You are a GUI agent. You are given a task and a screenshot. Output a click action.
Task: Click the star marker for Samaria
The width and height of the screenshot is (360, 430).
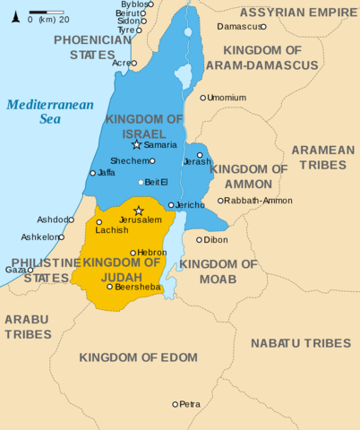coord(136,144)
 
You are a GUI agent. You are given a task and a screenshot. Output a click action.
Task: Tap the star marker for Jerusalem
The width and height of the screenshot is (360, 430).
coord(138,211)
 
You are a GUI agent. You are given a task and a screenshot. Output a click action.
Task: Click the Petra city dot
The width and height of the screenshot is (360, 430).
coord(176,404)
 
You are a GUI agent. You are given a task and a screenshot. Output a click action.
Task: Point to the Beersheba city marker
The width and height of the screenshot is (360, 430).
coord(110,287)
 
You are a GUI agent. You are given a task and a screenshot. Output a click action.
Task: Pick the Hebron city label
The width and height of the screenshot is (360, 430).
coord(153,253)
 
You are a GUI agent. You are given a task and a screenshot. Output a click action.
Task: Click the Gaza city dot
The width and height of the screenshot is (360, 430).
coord(30,270)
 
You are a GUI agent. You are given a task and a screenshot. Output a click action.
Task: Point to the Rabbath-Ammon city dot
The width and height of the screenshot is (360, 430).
coord(220,201)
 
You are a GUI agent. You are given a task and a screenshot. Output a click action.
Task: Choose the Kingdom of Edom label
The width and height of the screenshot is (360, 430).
coord(138,357)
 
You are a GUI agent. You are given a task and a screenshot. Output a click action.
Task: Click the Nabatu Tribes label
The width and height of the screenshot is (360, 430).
coord(300,343)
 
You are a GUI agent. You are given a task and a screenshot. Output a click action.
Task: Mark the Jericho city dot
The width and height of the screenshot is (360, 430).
coord(171,205)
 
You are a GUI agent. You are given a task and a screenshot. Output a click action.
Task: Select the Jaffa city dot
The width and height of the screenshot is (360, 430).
coord(92,173)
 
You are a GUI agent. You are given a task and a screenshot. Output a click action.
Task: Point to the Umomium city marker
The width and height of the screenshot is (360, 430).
coord(203,98)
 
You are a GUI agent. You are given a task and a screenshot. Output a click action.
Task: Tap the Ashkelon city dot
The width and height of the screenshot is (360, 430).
coord(61,237)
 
